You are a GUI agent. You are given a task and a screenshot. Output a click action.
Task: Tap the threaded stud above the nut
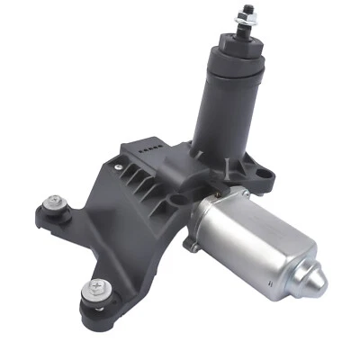pos(245,8)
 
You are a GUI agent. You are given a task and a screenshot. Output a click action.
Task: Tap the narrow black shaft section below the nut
pos(243,36)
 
